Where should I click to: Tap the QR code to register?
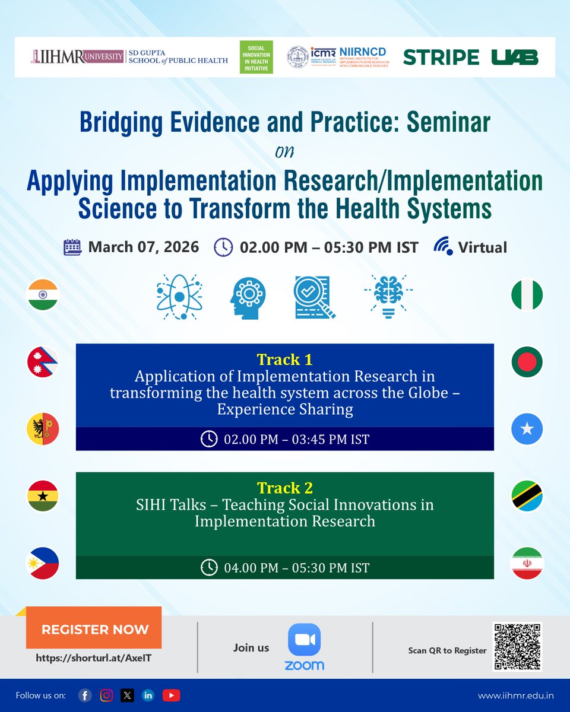(517, 646)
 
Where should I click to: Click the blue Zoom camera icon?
(304, 640)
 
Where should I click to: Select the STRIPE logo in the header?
(441, 58)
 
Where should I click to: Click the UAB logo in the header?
(515, 58)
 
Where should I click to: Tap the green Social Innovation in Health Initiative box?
(256, 58)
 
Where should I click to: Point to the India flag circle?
(43, 294)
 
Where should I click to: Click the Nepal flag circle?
(43, 362)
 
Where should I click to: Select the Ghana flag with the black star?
(43, 496)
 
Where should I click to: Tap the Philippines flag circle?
(43, 563)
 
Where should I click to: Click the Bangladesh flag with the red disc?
(527, 362)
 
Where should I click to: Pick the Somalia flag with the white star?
(527, 429)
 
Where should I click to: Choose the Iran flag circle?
(527, 563)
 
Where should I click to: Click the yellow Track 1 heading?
(284, 360)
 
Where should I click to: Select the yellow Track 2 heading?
(284, 488)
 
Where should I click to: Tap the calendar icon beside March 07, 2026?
(72, 247)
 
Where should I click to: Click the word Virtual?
(482, 247)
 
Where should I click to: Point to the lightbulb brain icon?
(388, 296)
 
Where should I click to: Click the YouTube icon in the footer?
(171, 695)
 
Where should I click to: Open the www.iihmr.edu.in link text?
(515, 695)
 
